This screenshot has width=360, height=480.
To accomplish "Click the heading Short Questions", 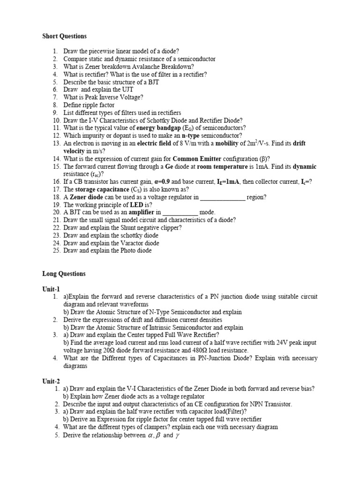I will coord(64,36).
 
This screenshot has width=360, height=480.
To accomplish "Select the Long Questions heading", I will coord(64,274).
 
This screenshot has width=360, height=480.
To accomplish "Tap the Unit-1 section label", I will coord(51,289).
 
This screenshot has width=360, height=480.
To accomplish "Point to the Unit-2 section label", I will coord(51,381).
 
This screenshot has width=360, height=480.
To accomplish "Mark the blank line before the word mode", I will coord(180,212).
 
